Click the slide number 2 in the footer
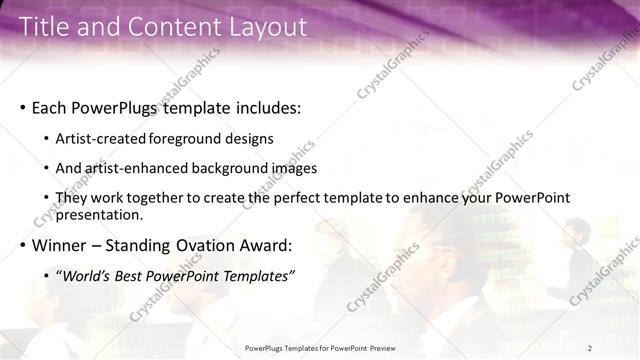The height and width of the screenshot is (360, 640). pyautogui.click(x=591, y=347)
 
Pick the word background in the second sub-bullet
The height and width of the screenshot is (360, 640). pyautogui.click(x=237, y=169)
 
